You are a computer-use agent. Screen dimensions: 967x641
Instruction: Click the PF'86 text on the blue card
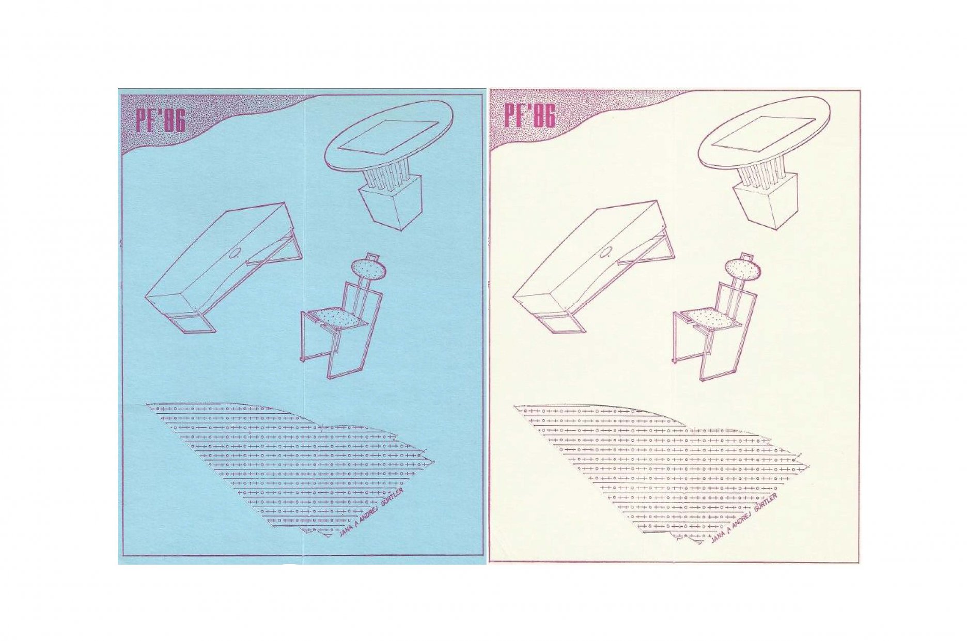(161, 121)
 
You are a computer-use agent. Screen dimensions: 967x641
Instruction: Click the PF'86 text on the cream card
(531, 116)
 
